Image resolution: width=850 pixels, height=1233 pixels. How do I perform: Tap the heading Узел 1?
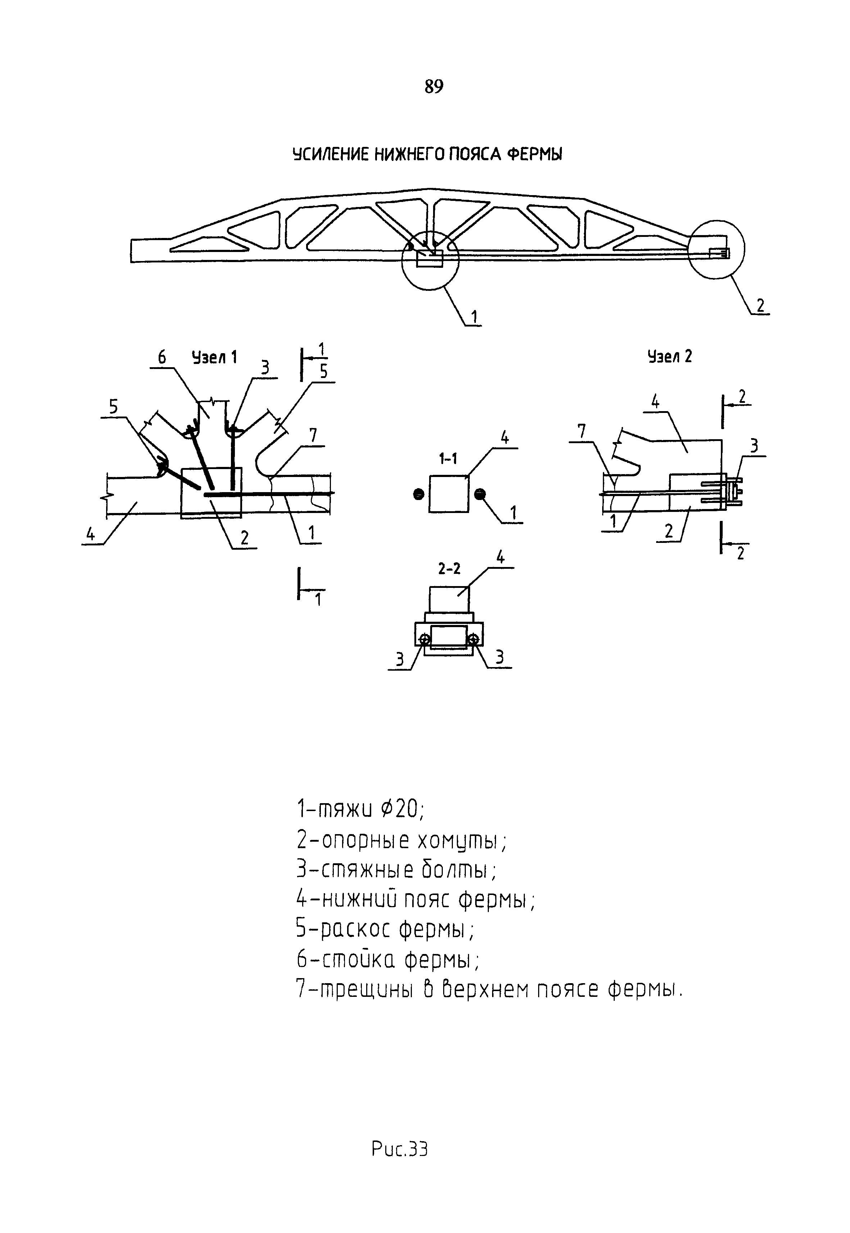pos(214,357)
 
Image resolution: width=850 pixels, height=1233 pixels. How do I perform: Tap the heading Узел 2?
pos(669,356)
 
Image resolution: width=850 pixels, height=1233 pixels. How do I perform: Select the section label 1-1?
pos(447,459)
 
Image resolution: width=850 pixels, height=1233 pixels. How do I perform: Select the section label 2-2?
pos(449,569)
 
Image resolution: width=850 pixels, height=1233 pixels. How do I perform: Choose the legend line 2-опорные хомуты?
pos(402,841)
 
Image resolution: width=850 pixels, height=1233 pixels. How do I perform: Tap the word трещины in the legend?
pos(368,990)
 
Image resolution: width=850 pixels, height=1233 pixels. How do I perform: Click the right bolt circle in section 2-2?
pos(472,639)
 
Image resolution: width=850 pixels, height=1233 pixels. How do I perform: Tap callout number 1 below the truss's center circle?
pos(473,317)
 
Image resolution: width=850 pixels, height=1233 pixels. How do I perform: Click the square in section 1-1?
pos(449,494)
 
